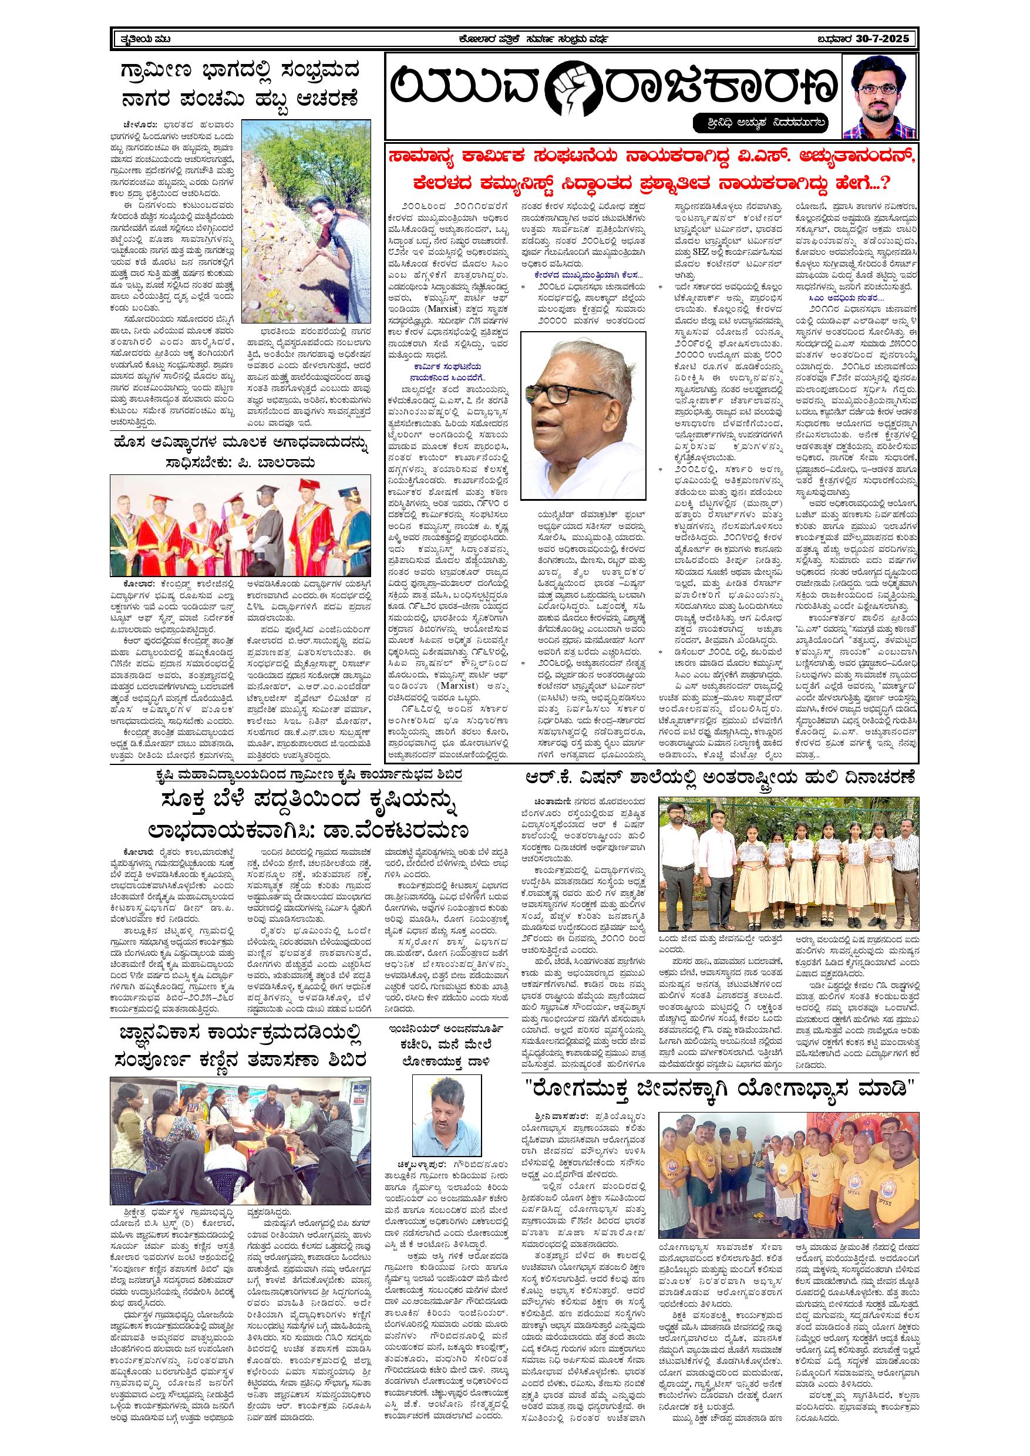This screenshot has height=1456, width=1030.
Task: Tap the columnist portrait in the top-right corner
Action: click(x=878, y=96)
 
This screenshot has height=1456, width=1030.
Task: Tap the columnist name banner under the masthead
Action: click(x=762, y=120)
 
